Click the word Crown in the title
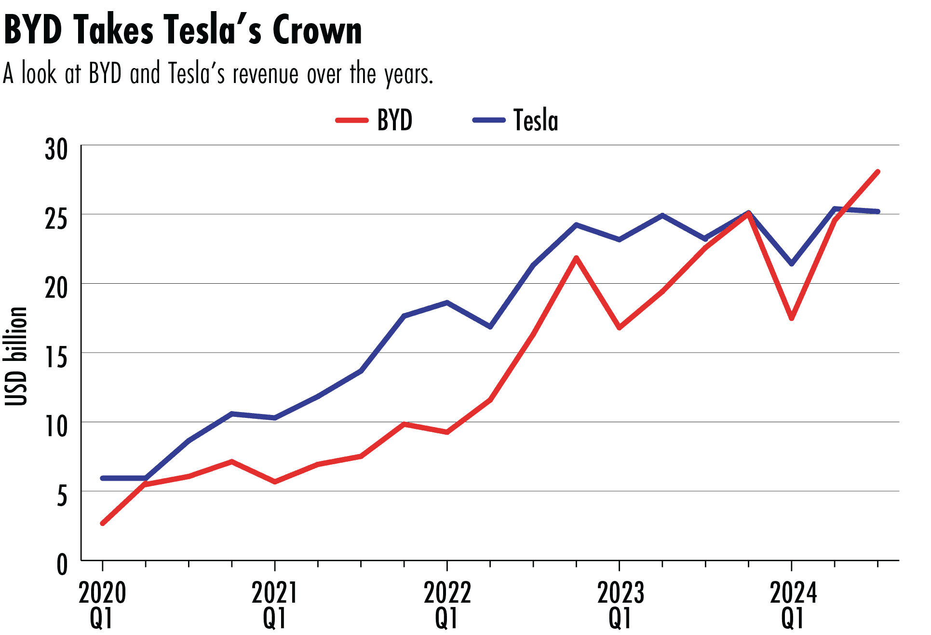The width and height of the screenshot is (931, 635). tap(317, 30)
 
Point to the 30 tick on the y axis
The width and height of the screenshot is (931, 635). tap(56, 150)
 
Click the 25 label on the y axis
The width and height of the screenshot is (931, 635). tap(56, 219)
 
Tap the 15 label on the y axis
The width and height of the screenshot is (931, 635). tap(56, 358)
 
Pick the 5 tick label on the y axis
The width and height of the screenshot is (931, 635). tap(62, 496)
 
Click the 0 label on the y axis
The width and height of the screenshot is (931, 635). tap(62, 565)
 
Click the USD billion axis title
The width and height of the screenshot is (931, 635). tap(16, 356)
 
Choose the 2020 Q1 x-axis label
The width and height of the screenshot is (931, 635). tap(102, 605)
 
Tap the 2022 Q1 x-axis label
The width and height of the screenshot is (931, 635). tap(447, 605)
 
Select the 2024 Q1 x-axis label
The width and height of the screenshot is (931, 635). tap(793, 605)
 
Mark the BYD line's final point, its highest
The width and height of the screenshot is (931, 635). tap(878, 172)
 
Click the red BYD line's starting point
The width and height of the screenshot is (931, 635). tap(103, 523)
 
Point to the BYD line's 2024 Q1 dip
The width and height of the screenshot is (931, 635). tap(792, 318)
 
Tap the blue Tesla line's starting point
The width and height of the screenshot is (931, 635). tap(103, 478)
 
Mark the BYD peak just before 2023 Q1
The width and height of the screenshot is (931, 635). tap(576, 258)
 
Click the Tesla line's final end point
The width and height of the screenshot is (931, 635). tap(878, 211)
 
